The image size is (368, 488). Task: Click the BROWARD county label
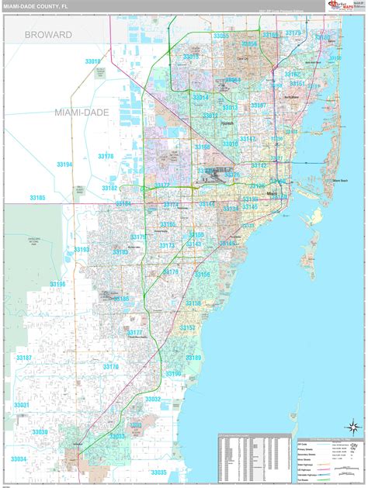(48, 35)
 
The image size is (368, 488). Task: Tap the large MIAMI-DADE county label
(82, 112)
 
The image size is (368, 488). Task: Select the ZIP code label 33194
(64, 164)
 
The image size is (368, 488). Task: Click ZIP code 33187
(24, 358)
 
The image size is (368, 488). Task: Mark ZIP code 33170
(110, 367)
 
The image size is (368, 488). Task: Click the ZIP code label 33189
(193, 358)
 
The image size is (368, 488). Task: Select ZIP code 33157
(188, 328)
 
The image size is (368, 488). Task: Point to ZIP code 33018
(93, 61)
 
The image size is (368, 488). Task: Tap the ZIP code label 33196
(57, 285)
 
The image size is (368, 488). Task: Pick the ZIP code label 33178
(105, 156)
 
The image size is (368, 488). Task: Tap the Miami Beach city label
(340, 180)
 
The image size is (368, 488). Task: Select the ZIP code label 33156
(202, 275)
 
